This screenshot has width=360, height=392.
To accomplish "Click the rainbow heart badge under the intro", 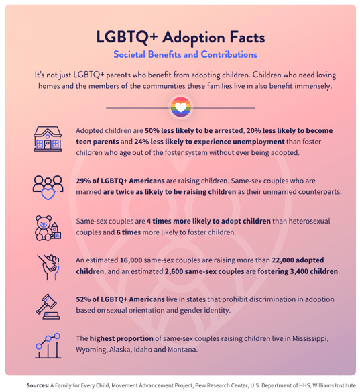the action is (x=181, y=107).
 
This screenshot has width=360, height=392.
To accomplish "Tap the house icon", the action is (x=48, y=139).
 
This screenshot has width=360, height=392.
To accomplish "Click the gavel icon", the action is (x=48, y=307).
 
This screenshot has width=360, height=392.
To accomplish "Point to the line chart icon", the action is (x=48, y=346).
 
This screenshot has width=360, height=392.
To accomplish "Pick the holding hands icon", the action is (x=48, y=267).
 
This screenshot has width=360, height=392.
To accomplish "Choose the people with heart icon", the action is (x=48, y=187).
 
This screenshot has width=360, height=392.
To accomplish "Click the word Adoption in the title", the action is (x=194, y=38).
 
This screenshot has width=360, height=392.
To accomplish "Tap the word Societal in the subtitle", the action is (x=129, y=54).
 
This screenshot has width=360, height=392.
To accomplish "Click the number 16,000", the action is (x=131, y=260).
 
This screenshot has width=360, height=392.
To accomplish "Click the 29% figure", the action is (x=83, y=181).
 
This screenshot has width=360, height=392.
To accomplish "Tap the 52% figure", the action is (x=83, y=299).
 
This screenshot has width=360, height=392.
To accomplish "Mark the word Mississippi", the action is (x=310, y=339).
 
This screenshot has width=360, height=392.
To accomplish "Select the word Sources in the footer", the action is (x=38, y=385).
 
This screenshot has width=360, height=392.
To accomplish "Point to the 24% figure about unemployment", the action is (x=141, y=142).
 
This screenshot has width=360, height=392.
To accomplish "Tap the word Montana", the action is (x=182, y=350).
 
